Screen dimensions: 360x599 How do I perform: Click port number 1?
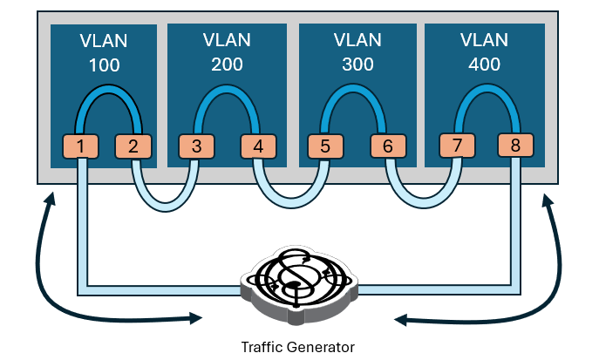coord(80,146)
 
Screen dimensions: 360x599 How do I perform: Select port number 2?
coord(133,146)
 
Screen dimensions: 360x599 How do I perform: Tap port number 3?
coord(197,146)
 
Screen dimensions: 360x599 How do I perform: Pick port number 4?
coord(257,146)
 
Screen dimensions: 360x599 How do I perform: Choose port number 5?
coord(325,146)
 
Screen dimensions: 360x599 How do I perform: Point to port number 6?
coord(388,146)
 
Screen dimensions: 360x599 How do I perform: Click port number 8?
coord(515,146)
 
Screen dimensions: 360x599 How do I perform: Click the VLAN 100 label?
coord(104,52)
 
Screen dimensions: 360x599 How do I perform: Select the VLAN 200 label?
coord(227,52)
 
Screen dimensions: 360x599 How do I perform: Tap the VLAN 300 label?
coord(358,52)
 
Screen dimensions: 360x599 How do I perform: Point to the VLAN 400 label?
coord(484,52)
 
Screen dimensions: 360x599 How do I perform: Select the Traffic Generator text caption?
coord(298,347)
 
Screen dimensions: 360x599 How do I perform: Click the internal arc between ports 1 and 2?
coord(106,90)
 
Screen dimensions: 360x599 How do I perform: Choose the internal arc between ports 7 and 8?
coord(486,90)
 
